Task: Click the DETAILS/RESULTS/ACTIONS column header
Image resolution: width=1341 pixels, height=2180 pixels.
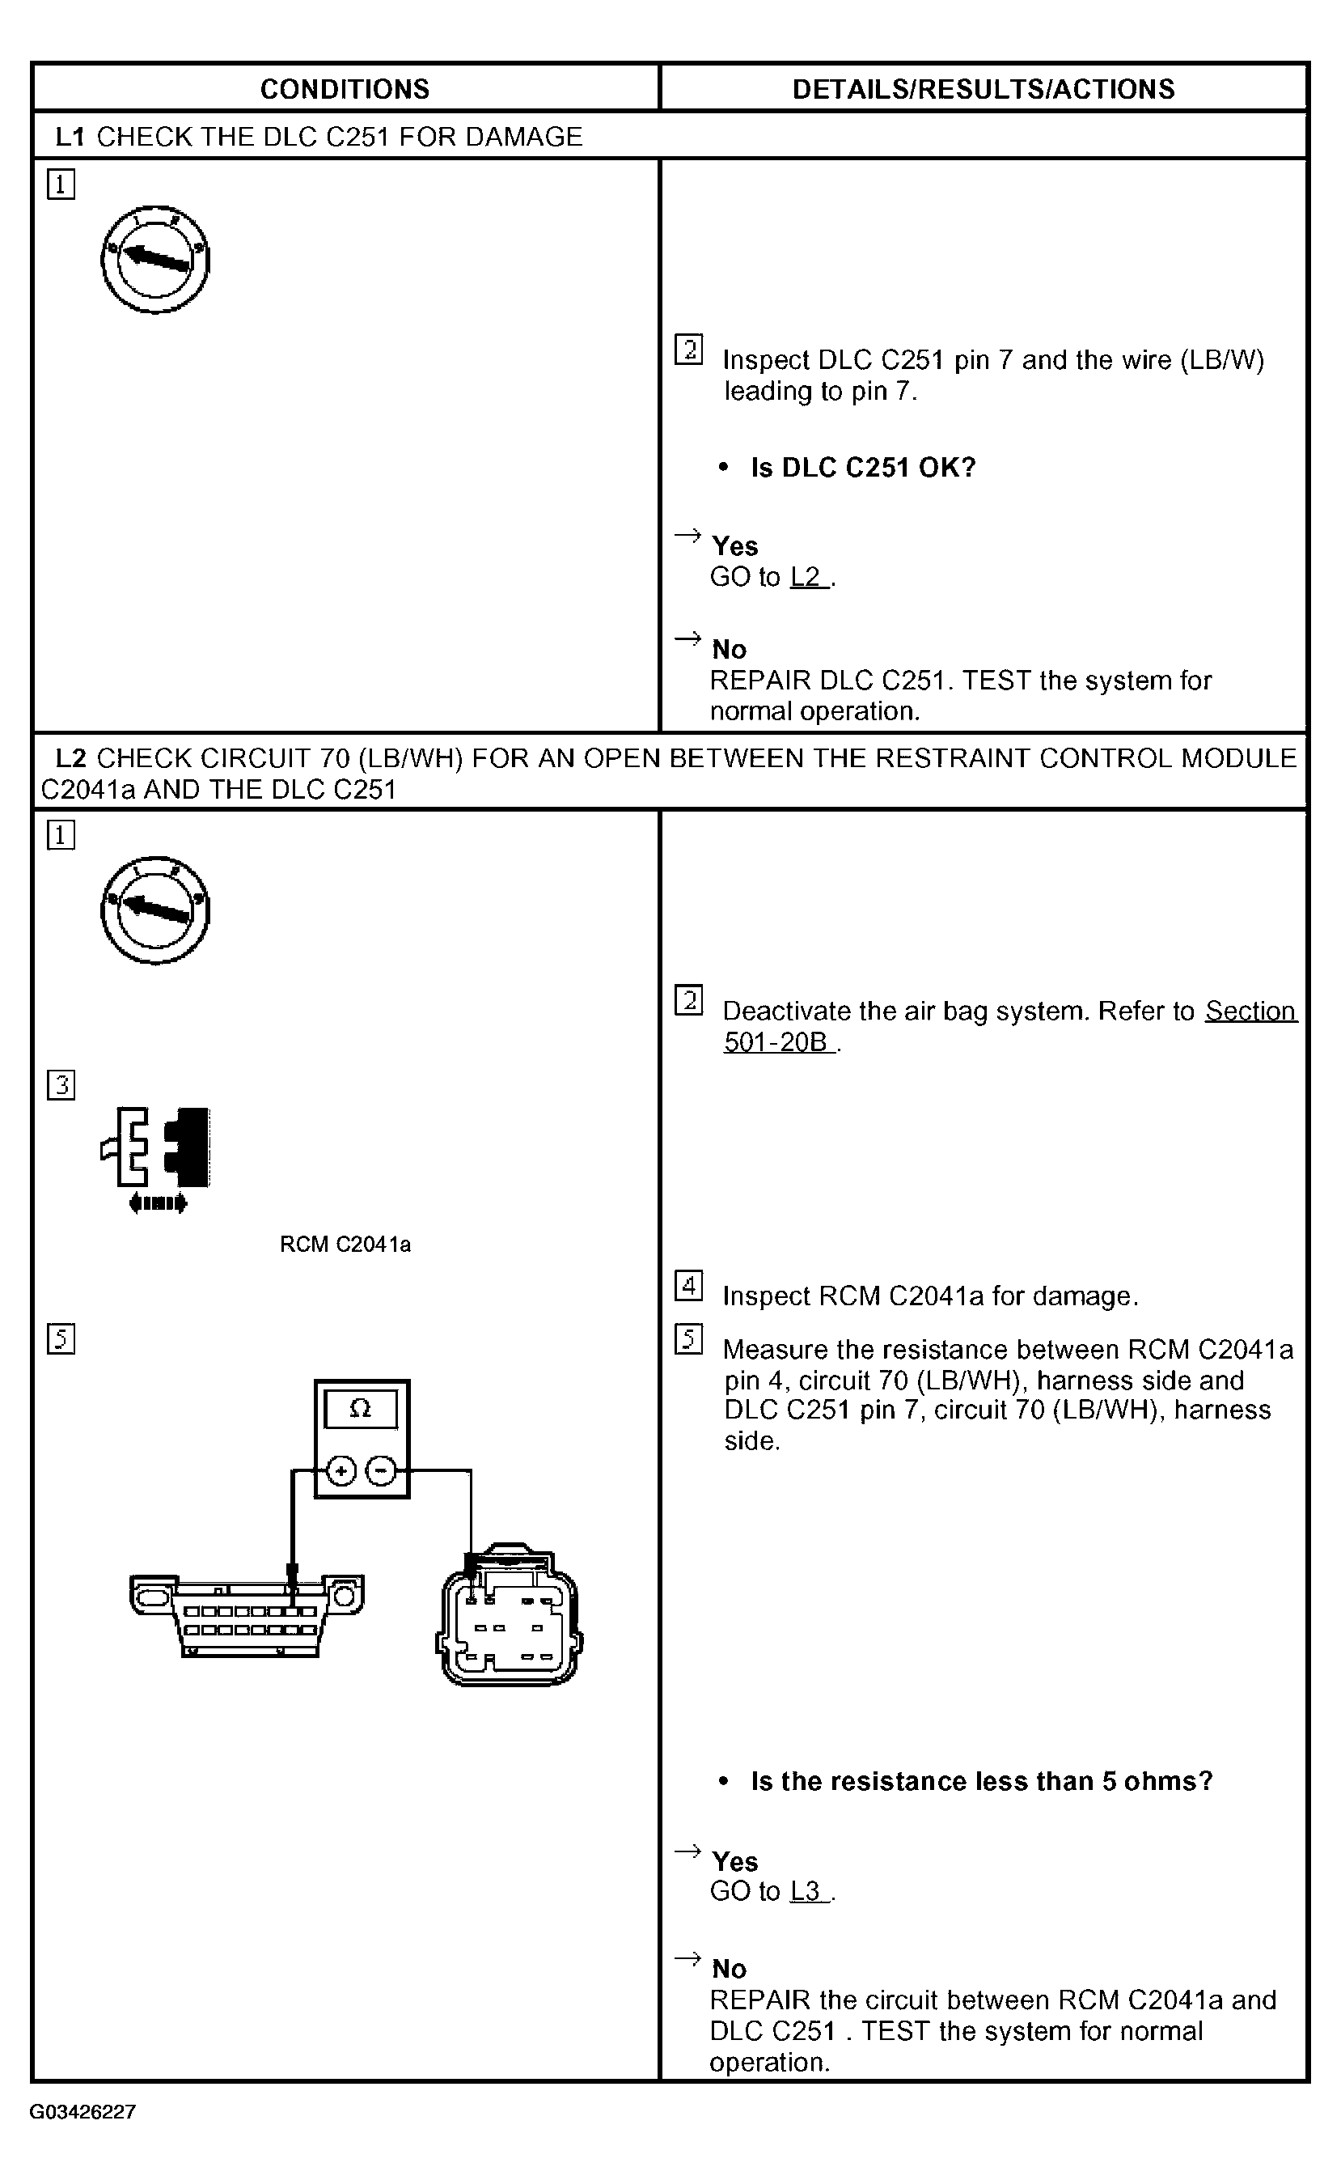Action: (983, 89)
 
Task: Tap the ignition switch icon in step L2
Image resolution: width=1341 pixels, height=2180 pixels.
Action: (155, 910)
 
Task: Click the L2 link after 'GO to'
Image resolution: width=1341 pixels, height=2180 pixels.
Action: (807, 577)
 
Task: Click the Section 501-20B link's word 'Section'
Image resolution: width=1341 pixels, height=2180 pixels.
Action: (1250, 1011)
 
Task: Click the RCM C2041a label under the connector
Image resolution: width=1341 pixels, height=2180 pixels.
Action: (345, 1244)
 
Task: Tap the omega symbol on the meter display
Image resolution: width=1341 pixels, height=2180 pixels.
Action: (361, 1408)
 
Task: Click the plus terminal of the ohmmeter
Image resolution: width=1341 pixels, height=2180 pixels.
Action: (341, 1471)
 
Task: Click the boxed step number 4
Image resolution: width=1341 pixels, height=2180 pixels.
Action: (688, 1285)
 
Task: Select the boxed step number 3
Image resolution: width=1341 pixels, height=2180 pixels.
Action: (61, 1084)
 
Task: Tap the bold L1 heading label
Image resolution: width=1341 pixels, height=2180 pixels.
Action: (70, 137)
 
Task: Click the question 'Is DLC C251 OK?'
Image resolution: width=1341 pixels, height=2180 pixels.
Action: (863, 468)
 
